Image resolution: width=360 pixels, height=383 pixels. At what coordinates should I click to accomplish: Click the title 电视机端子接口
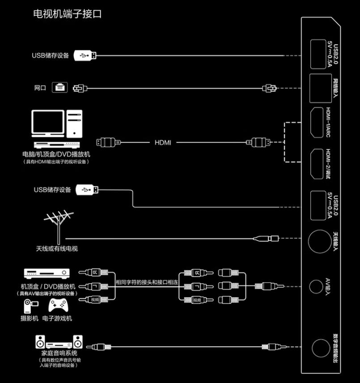[68, 14]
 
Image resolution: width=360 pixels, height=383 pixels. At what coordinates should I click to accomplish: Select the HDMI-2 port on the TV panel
[317, 163]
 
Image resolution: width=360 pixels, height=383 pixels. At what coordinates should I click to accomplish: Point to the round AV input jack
[317, 285]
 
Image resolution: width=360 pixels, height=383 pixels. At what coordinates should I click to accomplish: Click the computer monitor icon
[47, 123]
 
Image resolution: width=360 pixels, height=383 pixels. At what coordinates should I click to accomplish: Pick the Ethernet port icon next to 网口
[59, 87]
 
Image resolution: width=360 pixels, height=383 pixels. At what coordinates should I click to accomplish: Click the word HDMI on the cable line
[163, 143]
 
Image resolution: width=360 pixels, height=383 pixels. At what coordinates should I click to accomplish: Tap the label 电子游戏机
[57, 319]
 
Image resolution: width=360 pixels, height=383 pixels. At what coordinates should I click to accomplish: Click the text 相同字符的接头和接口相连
[147, 282]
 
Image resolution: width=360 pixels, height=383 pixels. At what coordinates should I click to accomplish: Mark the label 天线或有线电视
[57, 248]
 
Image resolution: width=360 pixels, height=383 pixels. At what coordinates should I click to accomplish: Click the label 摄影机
[29, 319]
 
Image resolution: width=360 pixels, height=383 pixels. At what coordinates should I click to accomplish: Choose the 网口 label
[40, 88]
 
